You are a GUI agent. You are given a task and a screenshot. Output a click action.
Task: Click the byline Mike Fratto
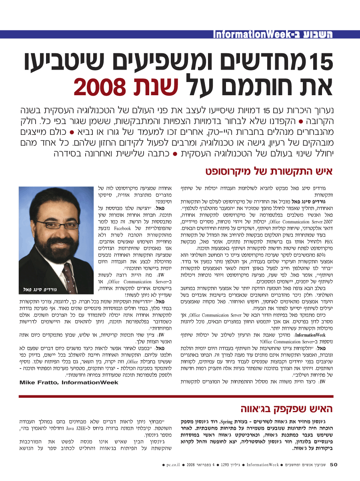click(x=69, y=383)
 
